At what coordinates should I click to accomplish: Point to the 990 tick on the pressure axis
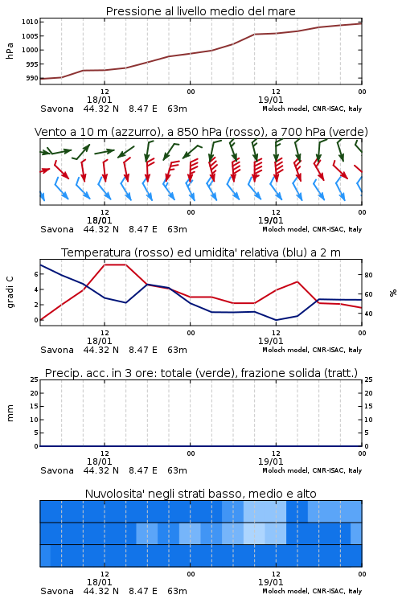point(32,78)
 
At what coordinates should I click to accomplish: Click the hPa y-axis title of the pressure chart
point(10,51)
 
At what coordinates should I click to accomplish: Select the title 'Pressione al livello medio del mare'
point(201,11)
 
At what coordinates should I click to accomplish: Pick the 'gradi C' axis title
point(10,292)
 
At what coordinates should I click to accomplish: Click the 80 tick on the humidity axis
point(368,275)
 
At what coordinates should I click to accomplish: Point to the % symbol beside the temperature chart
point(393,293)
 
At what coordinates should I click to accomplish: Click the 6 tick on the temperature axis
point(36,274)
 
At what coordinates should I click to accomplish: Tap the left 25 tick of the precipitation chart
point(35,379)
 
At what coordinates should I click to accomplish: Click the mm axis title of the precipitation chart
point(10,413)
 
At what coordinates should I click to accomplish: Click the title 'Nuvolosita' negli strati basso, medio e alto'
point(201,494)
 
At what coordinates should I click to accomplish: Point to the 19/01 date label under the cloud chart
point(270,582)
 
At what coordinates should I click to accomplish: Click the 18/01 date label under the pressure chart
point(99,100)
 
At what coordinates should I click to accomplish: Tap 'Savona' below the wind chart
point(57,230)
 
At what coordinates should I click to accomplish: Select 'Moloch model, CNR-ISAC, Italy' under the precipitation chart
point(312,470)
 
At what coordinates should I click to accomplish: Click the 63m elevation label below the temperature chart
point(178,350)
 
